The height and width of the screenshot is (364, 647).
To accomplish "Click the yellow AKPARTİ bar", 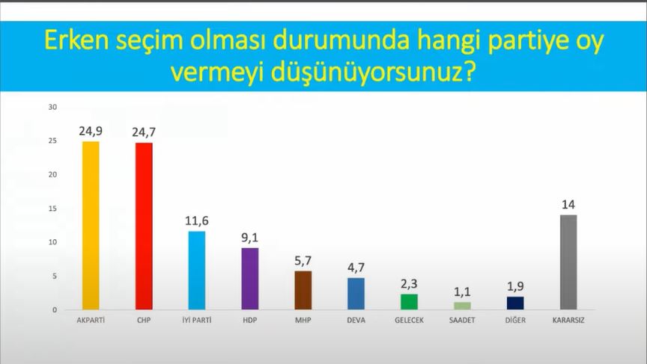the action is [x=91, y=226].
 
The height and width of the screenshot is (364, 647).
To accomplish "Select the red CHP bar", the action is [x=144, y=226].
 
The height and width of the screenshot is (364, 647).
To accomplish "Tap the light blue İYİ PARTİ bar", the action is [x=197, y=271].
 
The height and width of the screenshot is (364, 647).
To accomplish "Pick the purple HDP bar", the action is [x=250, y=279].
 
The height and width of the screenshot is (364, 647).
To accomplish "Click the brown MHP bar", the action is [x=303, y=290].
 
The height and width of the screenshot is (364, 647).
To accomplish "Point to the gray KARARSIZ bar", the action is [x=568, y=262].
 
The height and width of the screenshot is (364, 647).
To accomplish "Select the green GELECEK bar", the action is [x=410, y=302].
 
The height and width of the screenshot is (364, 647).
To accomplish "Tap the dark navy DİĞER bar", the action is [x=515, y=303].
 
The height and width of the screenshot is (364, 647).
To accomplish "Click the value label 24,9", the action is [x=91, y=132].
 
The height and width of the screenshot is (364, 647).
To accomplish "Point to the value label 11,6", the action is [x=197, y=221].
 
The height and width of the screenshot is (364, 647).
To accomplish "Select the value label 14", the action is [x=568, y=205].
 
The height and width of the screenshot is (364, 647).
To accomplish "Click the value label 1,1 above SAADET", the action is [x=462, y=292].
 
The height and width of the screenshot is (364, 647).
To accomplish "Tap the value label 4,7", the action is [x=356, y=268].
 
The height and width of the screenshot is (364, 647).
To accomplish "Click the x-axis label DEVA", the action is [x=356, y=320].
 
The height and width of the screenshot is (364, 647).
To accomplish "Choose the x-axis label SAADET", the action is [x=462, y=320].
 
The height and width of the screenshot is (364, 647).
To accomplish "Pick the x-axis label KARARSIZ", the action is [x=568, y=320].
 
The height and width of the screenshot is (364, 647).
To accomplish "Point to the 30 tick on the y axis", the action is [x=53, y=107].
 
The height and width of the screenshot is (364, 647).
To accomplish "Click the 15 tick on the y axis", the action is [x=53, y=209].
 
